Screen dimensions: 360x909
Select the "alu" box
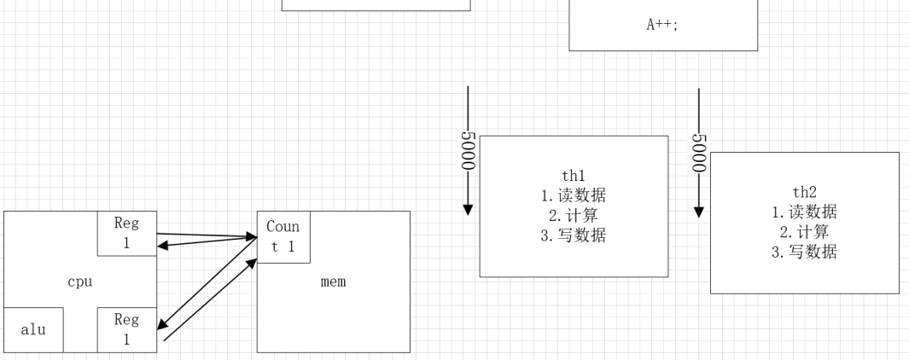[33, 329]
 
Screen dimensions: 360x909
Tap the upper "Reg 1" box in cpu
[126, 233]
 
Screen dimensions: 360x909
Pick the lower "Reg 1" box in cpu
[126, 329]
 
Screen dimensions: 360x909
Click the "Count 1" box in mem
[283, 237]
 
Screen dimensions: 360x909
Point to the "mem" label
[333, 282]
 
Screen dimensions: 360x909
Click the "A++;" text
[662, 25]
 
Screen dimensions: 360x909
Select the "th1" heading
[574, 175]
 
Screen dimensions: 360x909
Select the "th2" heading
[805, 192]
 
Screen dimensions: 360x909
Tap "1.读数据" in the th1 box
[574, 195]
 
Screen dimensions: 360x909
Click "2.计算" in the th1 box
[574, 215]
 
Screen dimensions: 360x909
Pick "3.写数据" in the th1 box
[574, 235]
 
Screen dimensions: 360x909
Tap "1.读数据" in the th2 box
[805, 212]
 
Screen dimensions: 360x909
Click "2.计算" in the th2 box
[805, 231]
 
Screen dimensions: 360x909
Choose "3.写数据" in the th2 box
[805, 252]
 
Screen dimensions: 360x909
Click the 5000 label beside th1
[468, 151]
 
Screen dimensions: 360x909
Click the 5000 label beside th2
[699, 151]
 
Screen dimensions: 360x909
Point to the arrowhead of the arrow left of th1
[468, 210]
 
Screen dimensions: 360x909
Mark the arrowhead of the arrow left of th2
[699, 210]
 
